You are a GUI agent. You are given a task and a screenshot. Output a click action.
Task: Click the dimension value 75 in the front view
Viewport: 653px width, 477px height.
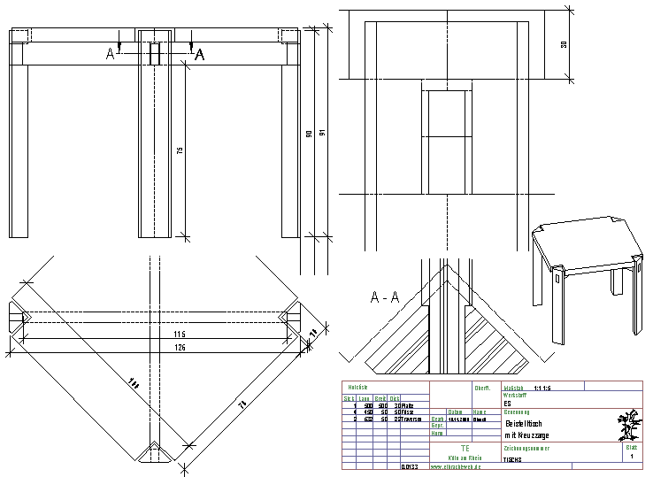179,151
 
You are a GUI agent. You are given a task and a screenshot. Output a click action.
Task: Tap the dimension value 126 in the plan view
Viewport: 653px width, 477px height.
180,347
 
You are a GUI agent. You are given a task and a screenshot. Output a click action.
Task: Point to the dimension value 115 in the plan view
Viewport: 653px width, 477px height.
180,334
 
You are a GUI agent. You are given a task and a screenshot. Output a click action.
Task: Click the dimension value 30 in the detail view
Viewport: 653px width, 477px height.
564,44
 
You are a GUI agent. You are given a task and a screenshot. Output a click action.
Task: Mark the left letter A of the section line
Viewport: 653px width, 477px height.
111,55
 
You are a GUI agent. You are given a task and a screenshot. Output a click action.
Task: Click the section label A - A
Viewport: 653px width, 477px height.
386,297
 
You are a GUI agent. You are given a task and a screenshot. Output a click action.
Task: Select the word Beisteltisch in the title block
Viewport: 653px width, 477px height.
528,423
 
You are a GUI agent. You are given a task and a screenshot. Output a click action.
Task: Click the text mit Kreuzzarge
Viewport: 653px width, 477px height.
527,435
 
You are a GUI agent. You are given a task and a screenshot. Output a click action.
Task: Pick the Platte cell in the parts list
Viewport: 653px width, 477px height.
396,405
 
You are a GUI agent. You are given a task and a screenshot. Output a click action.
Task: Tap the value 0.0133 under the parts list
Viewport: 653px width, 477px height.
410,466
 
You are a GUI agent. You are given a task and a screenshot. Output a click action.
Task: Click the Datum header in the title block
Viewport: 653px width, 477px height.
456,412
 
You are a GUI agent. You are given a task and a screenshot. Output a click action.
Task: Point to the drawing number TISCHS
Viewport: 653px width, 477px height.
513,459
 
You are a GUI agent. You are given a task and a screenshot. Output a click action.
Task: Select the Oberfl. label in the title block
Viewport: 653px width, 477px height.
482,388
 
